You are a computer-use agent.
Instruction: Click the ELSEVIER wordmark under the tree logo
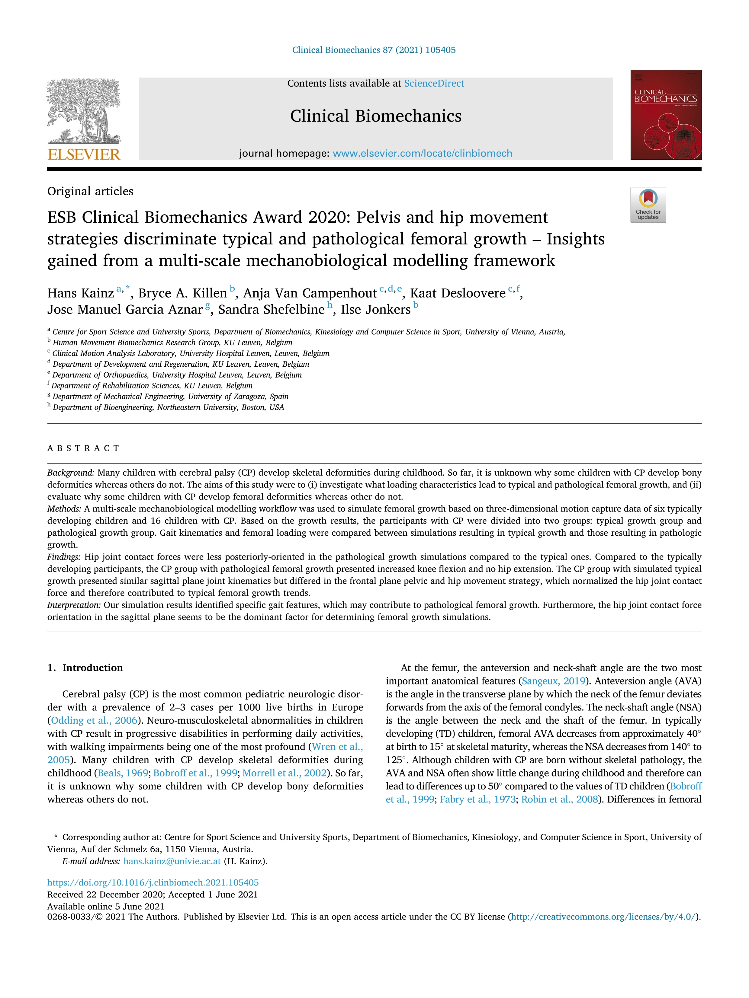pyautogui.click(x=84, y=155)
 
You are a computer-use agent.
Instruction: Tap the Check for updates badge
pyautogui.click(x=648, y=205)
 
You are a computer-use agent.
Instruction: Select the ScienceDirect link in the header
pyautogui.click(x=434, y=84)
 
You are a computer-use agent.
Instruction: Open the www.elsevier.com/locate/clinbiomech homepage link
pyautogui.click(x=422, y=153)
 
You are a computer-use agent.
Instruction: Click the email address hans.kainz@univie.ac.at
pyautogui.click(x=172, y=861)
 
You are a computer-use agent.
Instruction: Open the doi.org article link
pyautogui.click(x=153, y=882)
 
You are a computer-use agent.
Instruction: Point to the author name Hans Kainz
pyautogui.click(x=80, y=293)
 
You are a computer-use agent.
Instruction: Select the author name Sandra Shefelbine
pyautogui.click(x=271, y=310)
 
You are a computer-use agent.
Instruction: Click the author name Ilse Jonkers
pyautogui.click(x=376, y=310)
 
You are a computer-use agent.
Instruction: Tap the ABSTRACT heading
pyautogui.click(x=84, y=448)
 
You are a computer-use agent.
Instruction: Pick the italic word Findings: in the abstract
pyautogui.click(x=64, y=557)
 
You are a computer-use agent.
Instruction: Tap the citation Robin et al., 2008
pyautogui.click(x=559, y=799)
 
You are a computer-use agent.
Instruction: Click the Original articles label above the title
pyautogui.click(x=90, y=191)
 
